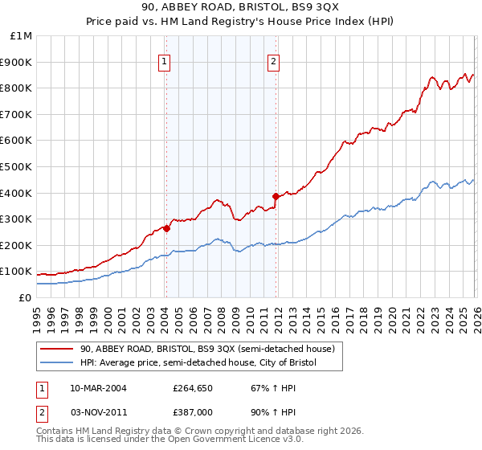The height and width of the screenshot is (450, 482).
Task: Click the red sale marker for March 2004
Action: (166, 228)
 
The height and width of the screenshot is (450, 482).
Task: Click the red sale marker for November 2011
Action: (276, 195)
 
